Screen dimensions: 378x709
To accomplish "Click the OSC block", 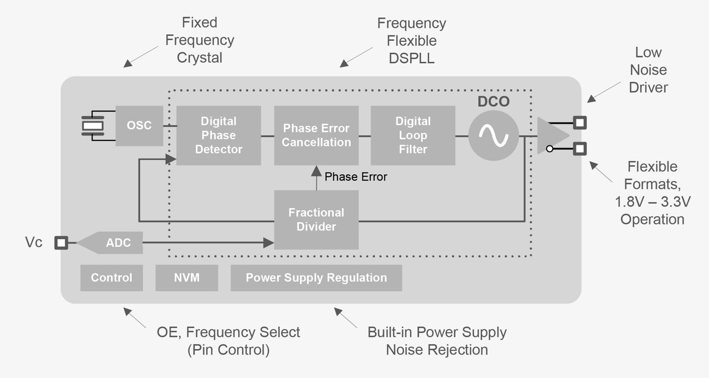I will pos(139,126).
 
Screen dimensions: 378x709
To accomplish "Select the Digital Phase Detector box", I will pos(218,135).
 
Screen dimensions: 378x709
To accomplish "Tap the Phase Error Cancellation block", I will pos(316,135).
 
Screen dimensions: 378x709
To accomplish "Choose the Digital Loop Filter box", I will pos(413,135).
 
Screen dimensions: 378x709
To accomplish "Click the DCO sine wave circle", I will pos(494,136).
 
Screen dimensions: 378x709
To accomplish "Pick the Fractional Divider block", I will pos(316,220).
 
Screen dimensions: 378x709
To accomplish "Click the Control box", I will pos(111,278).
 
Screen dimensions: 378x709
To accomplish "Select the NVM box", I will pos(187,278).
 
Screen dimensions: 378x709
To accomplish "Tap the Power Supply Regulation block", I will pos(316,278).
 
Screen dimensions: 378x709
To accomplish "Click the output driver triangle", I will pos(551,135).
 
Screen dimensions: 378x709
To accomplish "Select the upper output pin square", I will pos(580,122).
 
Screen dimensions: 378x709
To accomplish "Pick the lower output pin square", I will pos(580,148).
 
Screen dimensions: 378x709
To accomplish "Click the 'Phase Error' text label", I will pos(356,177).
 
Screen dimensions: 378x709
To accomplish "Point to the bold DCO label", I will pos(494,102).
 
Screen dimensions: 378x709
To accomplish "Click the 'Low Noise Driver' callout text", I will pos(648,70).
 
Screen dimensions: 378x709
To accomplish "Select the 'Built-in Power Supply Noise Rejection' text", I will pos(437,340).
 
